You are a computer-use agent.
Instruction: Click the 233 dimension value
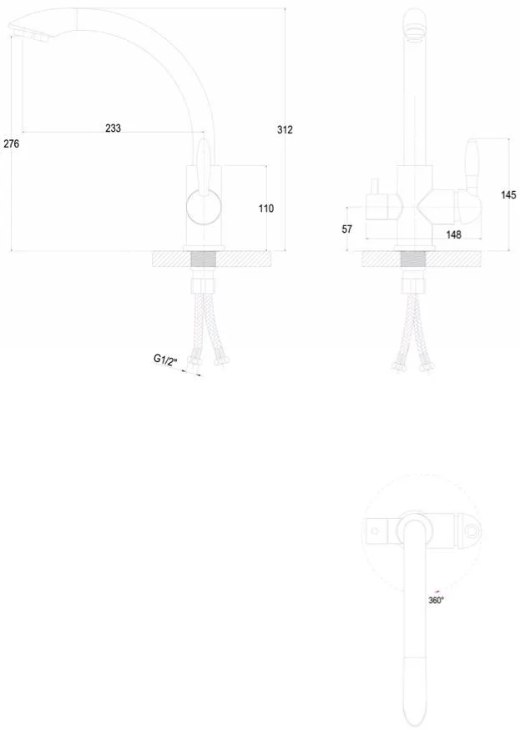point(114,128)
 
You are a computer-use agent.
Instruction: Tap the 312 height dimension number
point(285,130)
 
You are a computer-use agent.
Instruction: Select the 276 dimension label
point(11,143)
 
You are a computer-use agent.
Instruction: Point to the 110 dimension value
point(266,209)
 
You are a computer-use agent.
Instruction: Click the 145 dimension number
point(508,194)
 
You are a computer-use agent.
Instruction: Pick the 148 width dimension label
point(454,234)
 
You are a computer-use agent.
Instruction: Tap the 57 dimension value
point(347,229)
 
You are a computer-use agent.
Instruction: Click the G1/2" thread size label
point(166,360)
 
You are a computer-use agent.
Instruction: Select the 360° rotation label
point(437,601)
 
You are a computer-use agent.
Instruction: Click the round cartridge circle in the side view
point(204,208)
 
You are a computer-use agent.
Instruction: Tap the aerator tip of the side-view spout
point(30,34)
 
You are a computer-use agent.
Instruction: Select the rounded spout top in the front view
point(414,23)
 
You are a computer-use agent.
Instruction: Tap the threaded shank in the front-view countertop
point(413,259)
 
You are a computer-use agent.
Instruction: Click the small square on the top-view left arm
point(374,531)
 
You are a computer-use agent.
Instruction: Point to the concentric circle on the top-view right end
point(472,531)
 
